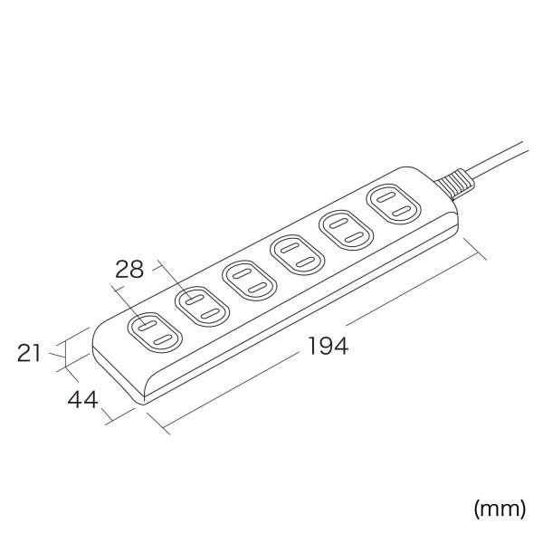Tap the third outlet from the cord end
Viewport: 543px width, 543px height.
299,254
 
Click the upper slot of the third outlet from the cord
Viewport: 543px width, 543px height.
292,247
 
